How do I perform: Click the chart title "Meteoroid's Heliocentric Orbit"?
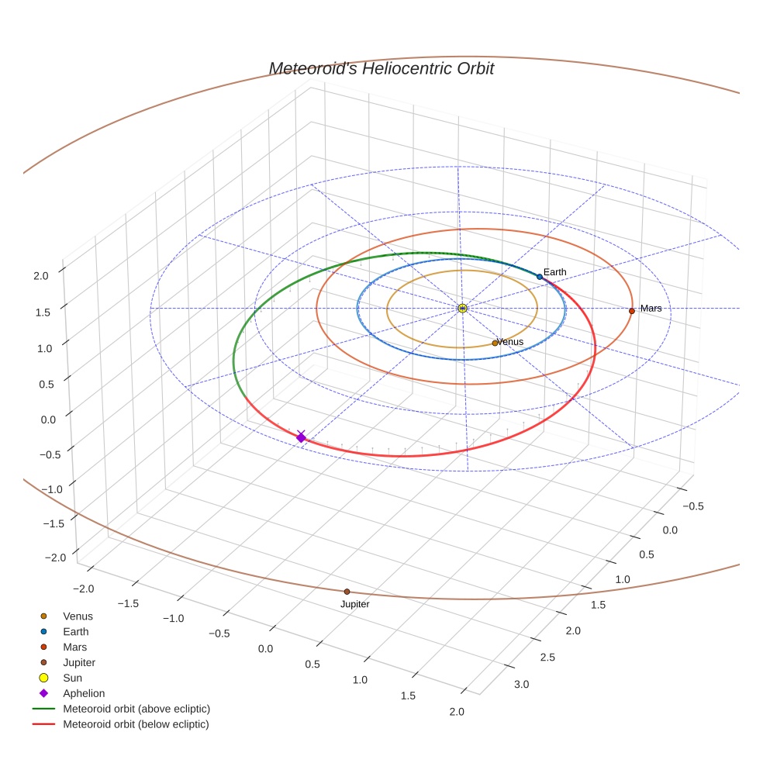[x=381, y=69]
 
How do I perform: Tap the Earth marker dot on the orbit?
[x=540, y=277]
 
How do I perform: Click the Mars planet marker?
[x=632, y=311]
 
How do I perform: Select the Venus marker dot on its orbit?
[x=495, y=343]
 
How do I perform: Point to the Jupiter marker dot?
[x=347, y=592]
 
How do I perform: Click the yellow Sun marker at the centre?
[x=462, y=309]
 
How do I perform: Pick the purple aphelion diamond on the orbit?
[x=301, y=438]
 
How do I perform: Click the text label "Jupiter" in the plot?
[x=354, y=605]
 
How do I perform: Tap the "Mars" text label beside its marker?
[x=651, y=309]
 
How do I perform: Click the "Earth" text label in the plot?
[x=554, y=272]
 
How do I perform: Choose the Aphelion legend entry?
[x=84, y=694]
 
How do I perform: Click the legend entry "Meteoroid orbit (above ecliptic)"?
[x=136, y=709]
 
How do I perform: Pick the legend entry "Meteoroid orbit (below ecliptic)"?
[x=136, y=724]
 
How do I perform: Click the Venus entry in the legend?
[x=78, y=616]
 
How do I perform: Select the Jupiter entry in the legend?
[x=79, y=663]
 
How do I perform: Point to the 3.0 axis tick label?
[x=521, y=684]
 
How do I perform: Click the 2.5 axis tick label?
[x=548, y=658]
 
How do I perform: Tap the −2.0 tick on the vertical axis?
[x=55, y=558]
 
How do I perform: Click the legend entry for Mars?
[x=75, y=647]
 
